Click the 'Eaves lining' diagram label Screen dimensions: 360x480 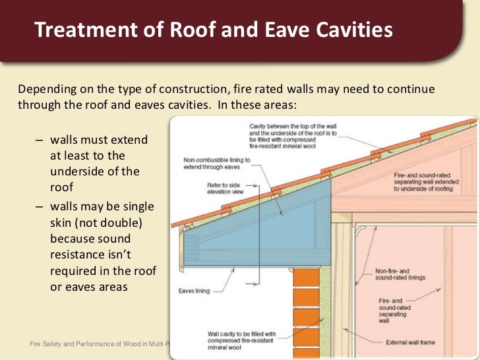[195, 290]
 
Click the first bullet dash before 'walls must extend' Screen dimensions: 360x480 [39, 141]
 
